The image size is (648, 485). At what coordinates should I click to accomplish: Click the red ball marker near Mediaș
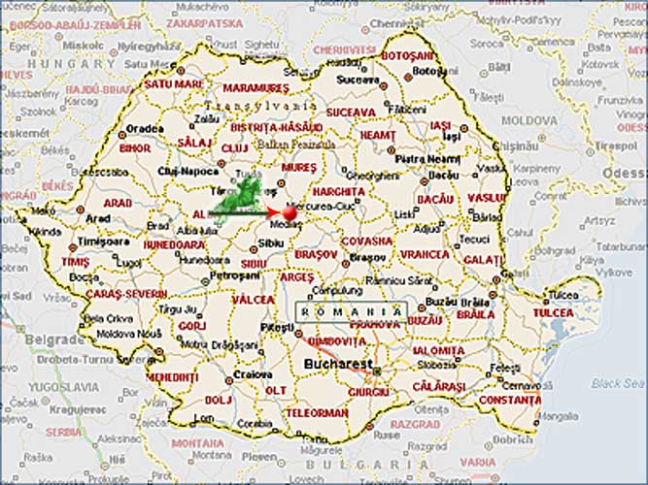(289, 212)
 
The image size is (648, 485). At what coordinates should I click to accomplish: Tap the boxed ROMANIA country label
(351, 310)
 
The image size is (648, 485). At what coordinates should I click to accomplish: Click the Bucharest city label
(337, 364)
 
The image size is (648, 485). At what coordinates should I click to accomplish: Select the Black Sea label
(618, 383)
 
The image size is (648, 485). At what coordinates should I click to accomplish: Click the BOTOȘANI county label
(407, 56)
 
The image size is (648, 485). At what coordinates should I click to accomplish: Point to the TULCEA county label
(553, 312)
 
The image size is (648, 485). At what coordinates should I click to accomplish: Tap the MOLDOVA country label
(529, 120)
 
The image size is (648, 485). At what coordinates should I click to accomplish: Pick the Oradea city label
(145, 127)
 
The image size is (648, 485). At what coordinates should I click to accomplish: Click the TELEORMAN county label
(317, 412)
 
